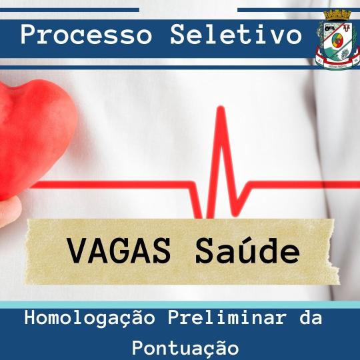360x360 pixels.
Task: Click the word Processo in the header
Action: pyautogui.click(x=86, y=35)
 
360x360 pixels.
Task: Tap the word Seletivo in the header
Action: pyautogui.click(x=236, y=35)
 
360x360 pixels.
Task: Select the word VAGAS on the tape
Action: pyautogui.click(x=119, y=251)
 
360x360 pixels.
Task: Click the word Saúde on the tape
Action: pyautogui.click(x=247, y=250)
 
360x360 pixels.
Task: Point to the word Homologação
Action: pyautogui.click(x=89, y=319)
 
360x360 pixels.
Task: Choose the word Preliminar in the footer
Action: pyautogui.click(x=227, y=318)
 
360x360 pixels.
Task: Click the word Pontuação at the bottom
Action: pyautogui.click(x=185, y=349)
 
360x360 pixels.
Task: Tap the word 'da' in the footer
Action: pyautogui.click(x=311, y=318)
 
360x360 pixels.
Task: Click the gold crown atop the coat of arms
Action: pyautogui.click(x=337, y=15)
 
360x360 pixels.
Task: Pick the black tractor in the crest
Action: pyautogui.click(x=329, y=28)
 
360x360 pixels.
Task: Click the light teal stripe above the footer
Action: pyautogui.click(x=180, y=305)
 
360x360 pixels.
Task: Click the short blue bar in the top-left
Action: pyautogui.click(x=69, y=10)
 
